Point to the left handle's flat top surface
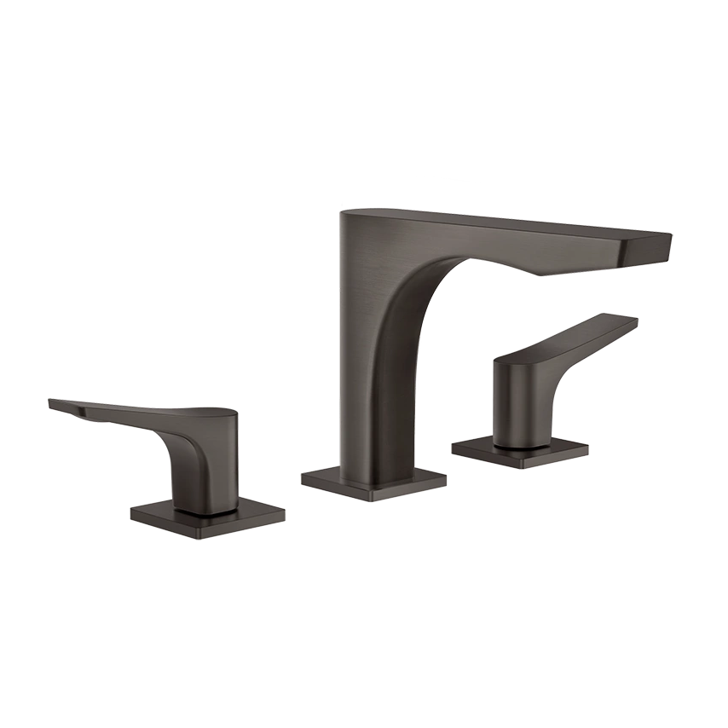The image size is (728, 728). click(145, 408)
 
